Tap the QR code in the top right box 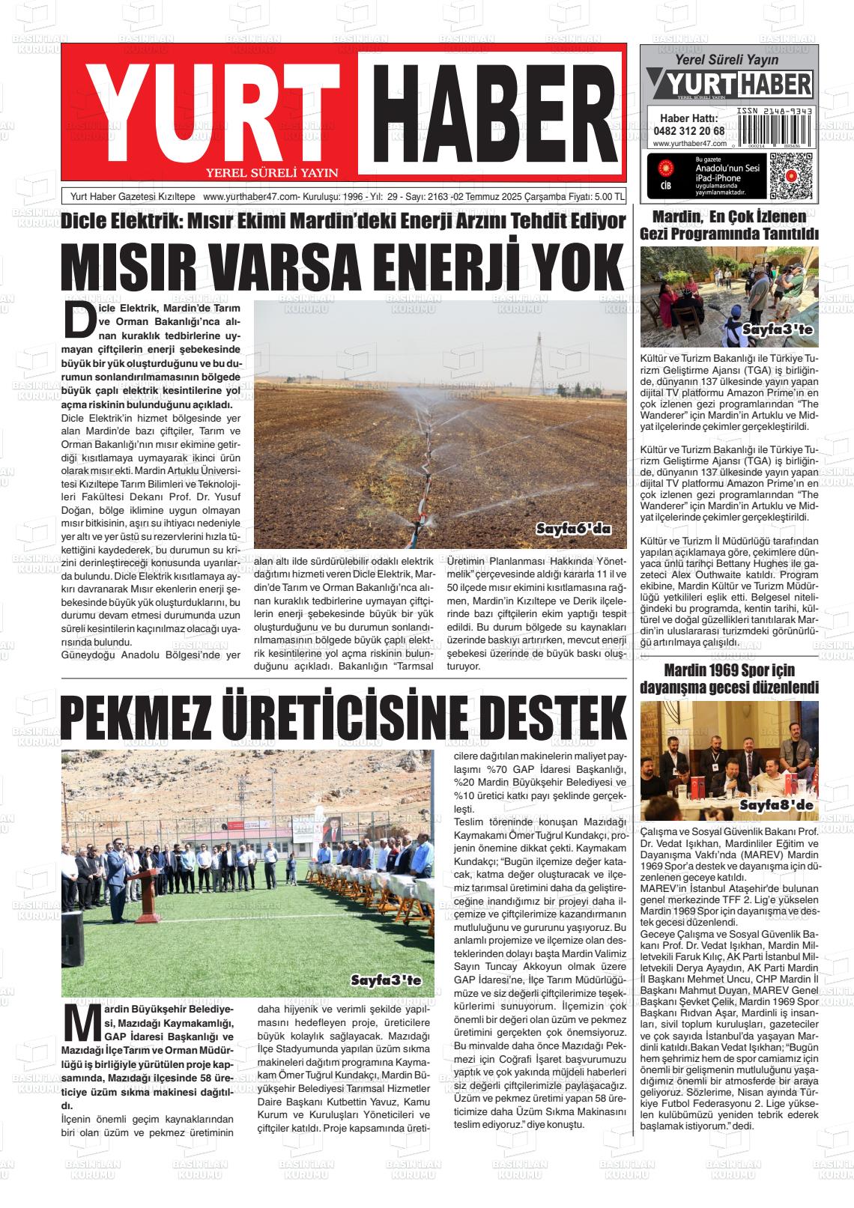(790, 175)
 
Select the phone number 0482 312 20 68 (689, 130)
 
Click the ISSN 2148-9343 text (775, 110)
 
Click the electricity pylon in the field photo (537, 367)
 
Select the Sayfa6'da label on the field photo (573, 529)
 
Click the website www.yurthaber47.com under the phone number (689, 143)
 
